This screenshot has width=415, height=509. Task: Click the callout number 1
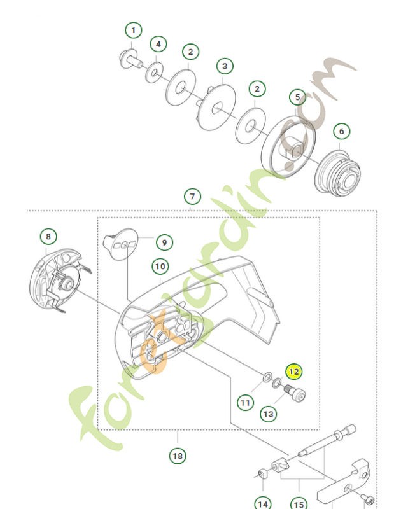133,30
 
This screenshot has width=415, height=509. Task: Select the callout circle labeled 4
158,45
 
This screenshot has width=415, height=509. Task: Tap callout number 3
224,66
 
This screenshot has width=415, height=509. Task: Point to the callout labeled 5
297,97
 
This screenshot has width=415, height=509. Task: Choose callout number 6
341,131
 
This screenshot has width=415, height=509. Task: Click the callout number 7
192,196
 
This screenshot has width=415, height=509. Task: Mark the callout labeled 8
48,237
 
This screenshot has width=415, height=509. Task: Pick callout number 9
164,242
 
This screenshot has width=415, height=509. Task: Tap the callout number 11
246,402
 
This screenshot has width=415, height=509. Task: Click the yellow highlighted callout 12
294,372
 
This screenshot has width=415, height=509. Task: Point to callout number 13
269,414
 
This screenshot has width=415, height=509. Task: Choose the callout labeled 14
262,503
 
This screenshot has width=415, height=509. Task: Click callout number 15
298,505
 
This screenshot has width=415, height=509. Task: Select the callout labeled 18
178,456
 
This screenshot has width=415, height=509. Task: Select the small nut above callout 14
261,475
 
